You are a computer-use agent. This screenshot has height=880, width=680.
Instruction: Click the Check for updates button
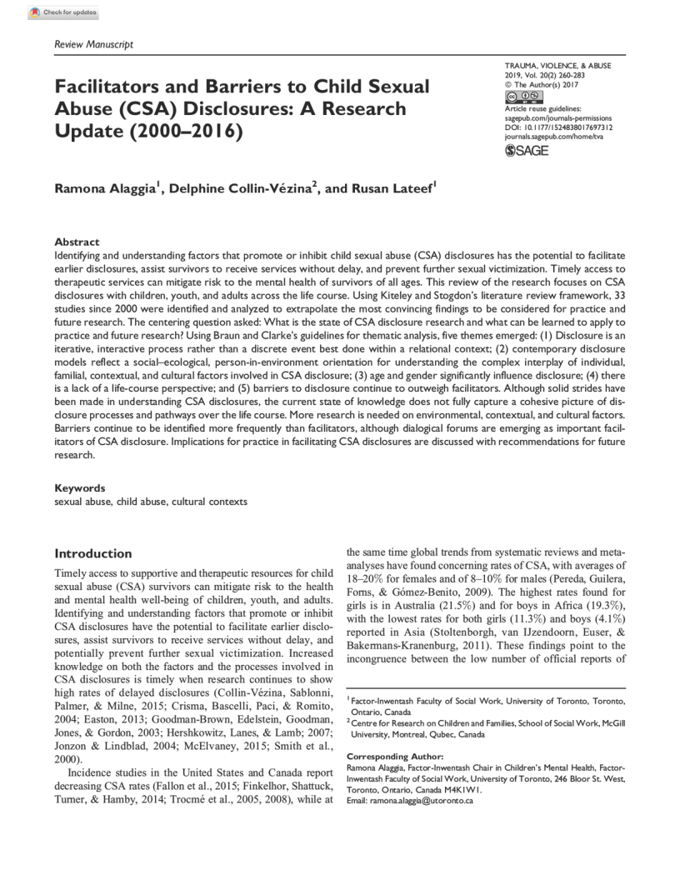tap(63, 12)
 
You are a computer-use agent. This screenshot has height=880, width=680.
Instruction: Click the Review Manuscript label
tap(93, 44)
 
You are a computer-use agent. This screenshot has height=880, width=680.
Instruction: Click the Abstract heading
tap(77, 242)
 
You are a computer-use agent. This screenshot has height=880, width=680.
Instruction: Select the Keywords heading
tap(80, 487)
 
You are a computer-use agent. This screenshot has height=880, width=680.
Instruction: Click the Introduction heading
tap(93, 553)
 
